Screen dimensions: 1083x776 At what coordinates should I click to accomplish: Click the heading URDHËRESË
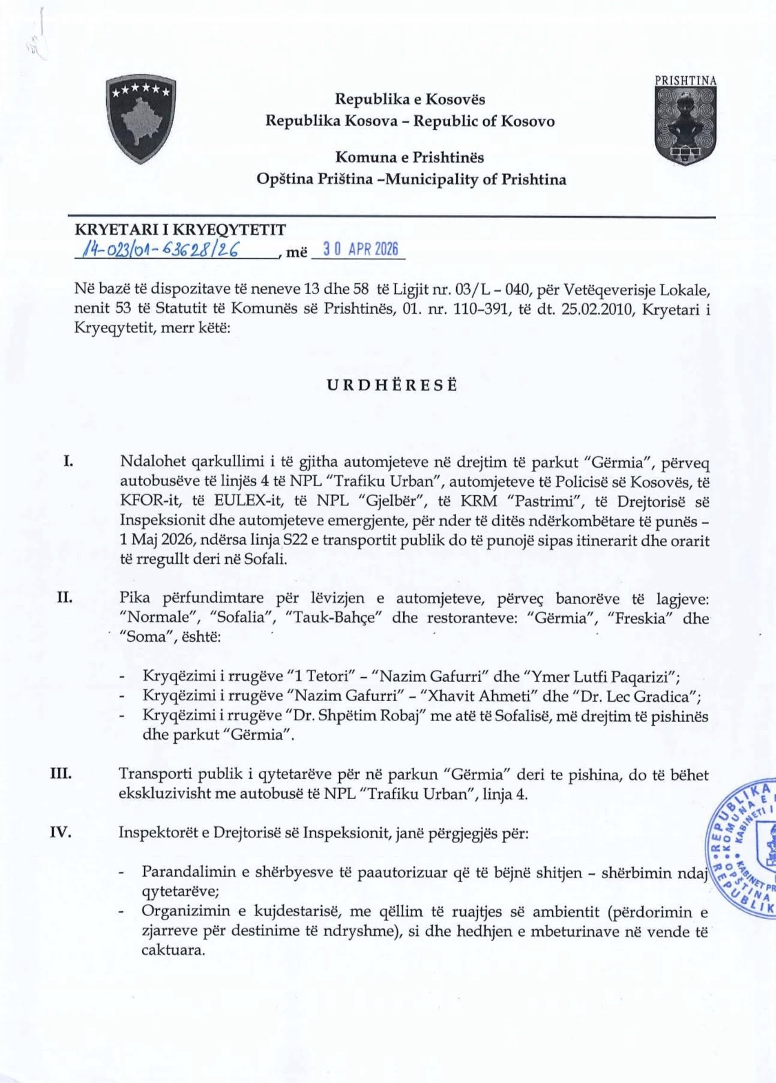tap(392, 385)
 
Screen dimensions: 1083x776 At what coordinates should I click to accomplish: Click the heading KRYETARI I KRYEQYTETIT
tap(180, 229)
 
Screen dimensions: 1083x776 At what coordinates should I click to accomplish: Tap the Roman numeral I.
tap(68, 462)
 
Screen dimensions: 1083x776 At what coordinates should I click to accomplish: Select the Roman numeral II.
tap(65, 597)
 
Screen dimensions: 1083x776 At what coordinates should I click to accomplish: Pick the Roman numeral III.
tap(61, 773)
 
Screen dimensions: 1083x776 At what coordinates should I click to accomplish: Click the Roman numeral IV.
tap(61, 832)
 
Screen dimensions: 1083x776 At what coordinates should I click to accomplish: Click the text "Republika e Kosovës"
tap(410, 99)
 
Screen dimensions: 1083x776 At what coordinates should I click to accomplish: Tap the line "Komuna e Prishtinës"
tap(409, 157)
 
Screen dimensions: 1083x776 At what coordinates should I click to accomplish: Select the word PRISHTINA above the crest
tap(685, 80)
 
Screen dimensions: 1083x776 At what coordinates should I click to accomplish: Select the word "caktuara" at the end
tap(173, 950)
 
